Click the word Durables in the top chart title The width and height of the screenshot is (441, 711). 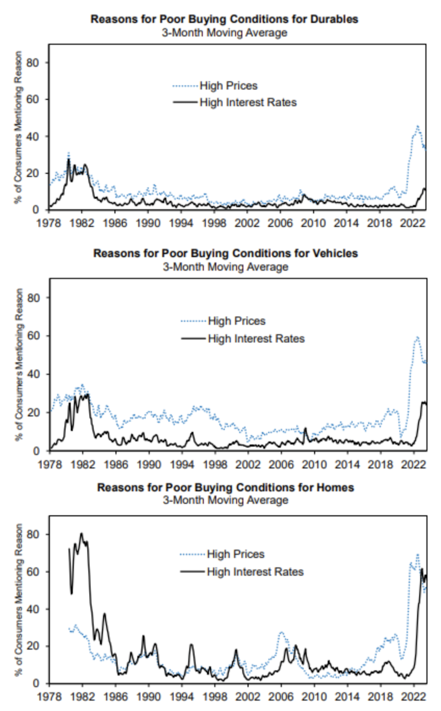click(x=334, y=19)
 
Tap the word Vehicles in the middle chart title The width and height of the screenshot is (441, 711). click(x=335, y=253)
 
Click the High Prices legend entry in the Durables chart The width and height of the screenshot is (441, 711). click(x=228, y=86)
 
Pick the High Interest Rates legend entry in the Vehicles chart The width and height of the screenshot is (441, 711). click(x=256, y=339)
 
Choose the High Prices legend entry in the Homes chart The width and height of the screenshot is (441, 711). click(x=235, y=554)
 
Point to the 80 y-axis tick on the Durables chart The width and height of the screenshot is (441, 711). click(x=33, y=63)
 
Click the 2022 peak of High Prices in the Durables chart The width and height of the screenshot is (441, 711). click(x=418, y=126)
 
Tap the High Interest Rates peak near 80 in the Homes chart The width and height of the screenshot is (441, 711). click(x=81, y=534)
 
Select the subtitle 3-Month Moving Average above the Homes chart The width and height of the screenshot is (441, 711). click(x=226, y=500)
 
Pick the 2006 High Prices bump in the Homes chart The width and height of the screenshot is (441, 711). click(x=281, y=632)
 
